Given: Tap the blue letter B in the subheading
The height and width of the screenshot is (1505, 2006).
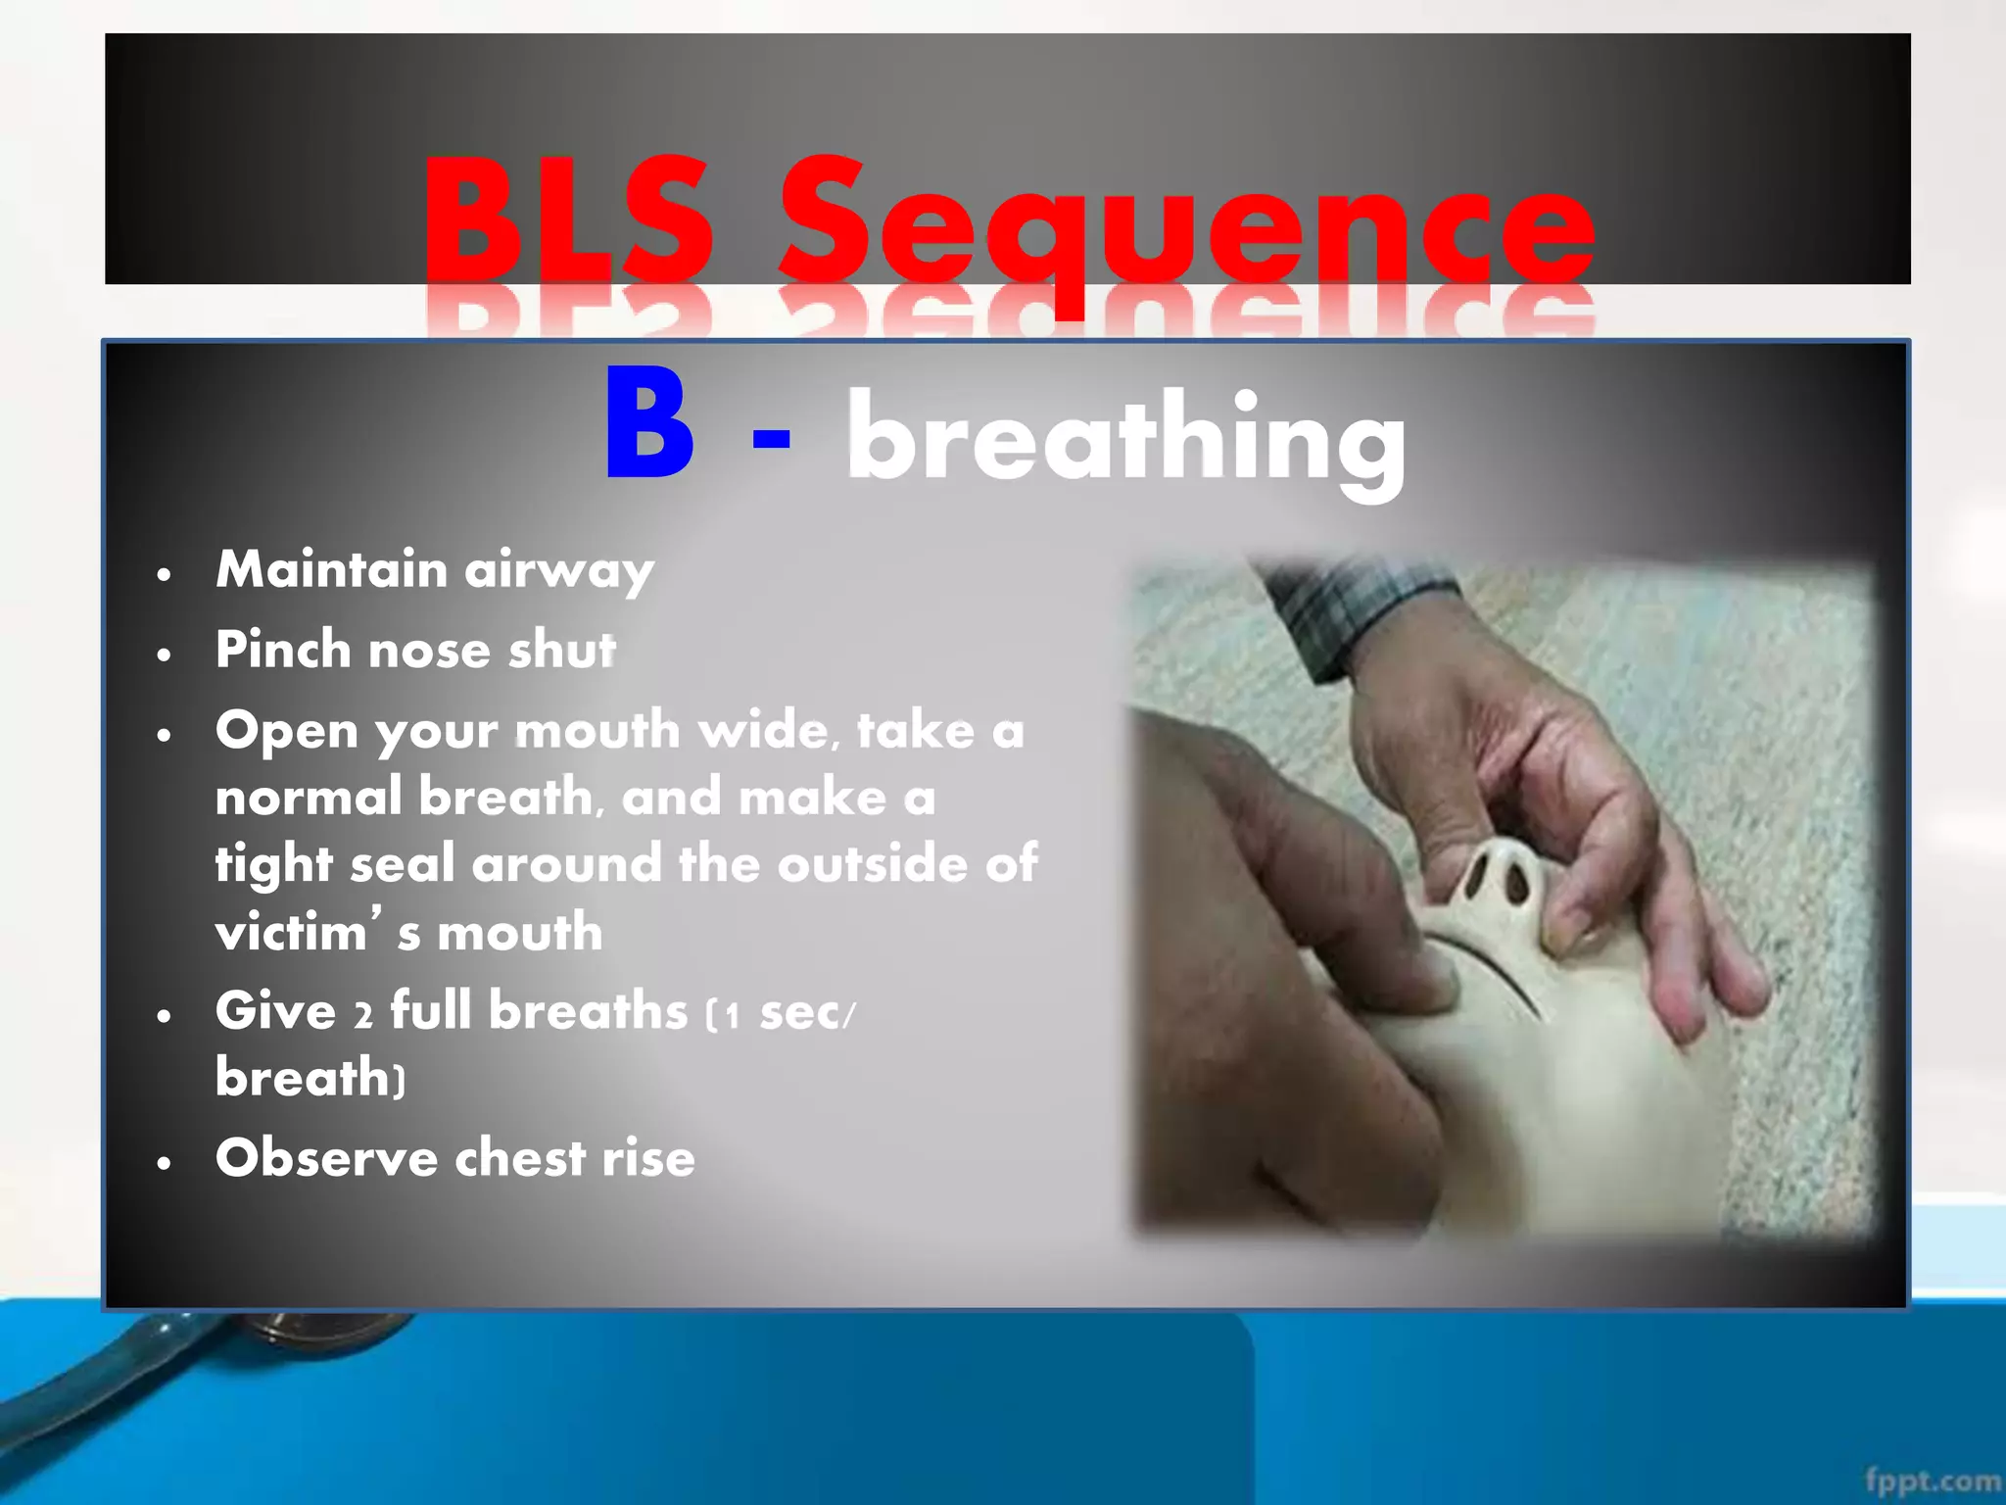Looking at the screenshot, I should point(649,424).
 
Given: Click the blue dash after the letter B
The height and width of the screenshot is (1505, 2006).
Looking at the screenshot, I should point(771,438).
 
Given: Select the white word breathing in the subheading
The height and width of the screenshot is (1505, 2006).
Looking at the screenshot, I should point(1126,437).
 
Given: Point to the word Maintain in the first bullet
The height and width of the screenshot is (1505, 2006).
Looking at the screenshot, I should point(331,569).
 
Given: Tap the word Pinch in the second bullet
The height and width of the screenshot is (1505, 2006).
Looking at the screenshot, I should point(282,650).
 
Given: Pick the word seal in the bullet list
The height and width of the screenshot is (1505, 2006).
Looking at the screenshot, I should point(402,865).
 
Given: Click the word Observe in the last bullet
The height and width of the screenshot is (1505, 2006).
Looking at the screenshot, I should point(326,1158).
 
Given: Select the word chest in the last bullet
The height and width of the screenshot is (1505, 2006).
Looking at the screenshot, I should point(519,1158).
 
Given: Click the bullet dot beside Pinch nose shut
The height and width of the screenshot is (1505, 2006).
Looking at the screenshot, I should point(165,654).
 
